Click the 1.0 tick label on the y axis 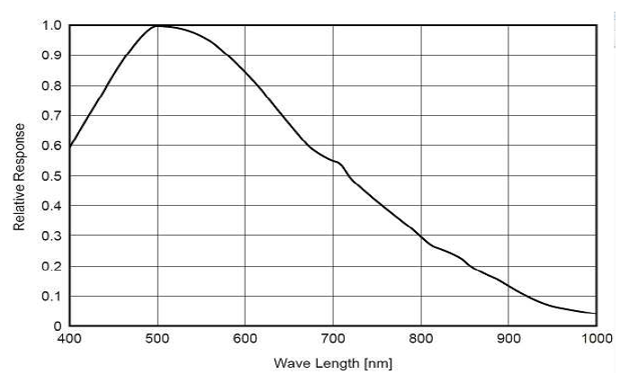(52, 25)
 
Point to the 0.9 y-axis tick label (52, 56)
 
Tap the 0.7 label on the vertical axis (52, 116)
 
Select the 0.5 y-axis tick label (52, 176)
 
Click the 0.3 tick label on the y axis (52, 236)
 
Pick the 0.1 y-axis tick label (52, 297)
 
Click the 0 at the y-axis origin (57, 326)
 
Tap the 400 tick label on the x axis (69, 340)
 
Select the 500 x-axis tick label (157, 340)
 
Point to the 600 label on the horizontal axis (246, 340)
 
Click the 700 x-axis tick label (333, 340)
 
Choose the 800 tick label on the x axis (421, 340)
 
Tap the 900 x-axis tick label (508, 340)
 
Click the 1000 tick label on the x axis (595, 340)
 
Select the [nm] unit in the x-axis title (376, 364)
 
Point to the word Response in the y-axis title (19, 153)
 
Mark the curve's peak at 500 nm (157, 25)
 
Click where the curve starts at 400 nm (70, 146)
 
